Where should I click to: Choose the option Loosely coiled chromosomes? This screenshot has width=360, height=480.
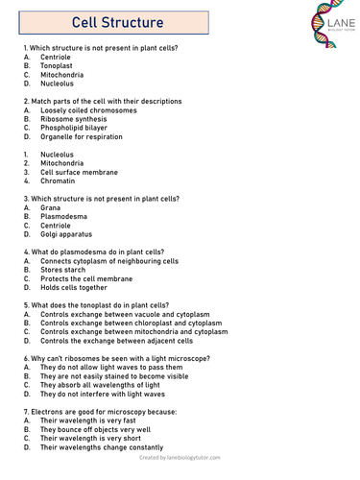click(x=88, y=110)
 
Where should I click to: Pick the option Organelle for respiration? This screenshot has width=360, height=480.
click(x=82, y=136)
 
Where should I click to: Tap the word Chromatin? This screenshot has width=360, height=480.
click(x=58, y=180)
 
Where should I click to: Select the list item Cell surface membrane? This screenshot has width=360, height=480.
click(x=79, y=172)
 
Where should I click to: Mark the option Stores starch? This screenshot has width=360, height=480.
click(x=64, y=270)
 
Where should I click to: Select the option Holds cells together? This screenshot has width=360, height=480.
click(x=74, y=287)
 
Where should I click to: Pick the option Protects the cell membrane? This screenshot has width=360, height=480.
click(x=86, y=278)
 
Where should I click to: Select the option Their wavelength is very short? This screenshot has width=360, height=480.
click(x=96, y=438)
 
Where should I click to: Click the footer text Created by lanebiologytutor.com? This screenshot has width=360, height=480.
click(x=180, y=460)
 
